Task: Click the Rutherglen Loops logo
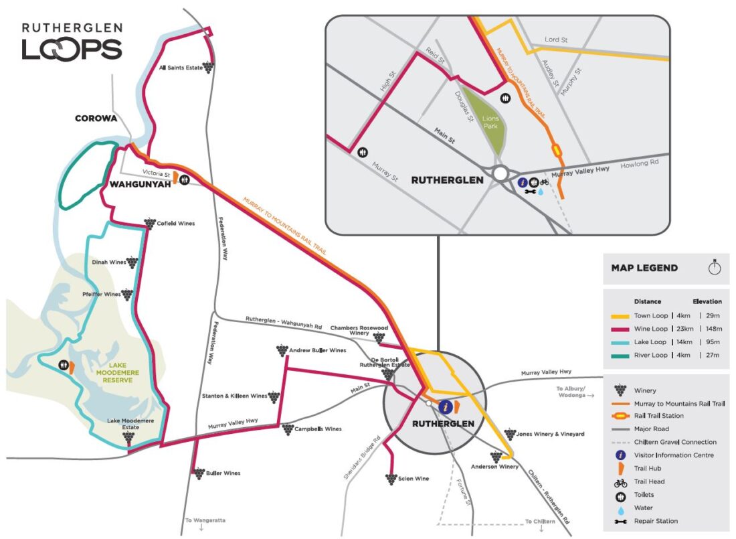72,42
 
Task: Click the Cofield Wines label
175,223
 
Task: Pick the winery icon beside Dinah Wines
132,263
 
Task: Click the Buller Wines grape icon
199,473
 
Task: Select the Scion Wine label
413,479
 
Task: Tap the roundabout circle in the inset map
500,173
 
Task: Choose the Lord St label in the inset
555,40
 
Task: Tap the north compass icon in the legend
715,267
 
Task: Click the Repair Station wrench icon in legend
620,521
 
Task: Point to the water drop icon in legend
620,508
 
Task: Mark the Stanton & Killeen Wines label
234,396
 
